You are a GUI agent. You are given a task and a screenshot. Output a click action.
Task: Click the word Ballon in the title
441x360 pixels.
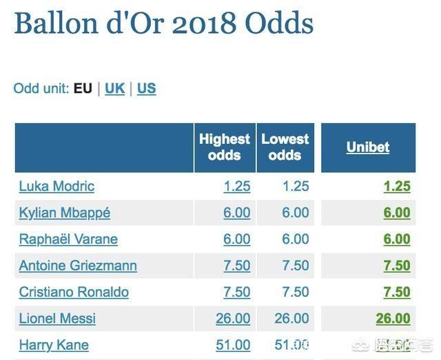click(x=56, y=23)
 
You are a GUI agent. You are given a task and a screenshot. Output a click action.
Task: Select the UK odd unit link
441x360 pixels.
click(x=114, y=88)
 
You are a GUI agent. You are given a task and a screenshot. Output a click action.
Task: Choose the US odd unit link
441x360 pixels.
click(x=146, y=88)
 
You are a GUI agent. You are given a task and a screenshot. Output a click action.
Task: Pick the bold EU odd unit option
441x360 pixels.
click(x=83, y=88)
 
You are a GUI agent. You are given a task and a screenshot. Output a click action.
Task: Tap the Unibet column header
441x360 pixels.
click(x=368, y=147)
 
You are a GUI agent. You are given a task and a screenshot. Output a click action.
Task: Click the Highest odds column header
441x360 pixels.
click(x=224, y=147)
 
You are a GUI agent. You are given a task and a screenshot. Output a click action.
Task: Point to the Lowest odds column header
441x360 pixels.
click(x=285, y=147)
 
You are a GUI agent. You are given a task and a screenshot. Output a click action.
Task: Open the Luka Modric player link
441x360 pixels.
click(x=57, y=186)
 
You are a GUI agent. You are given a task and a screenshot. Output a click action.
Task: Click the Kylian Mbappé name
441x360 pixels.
click(x=64, y=213)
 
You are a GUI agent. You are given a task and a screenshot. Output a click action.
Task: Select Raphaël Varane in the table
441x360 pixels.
click(x=68, y=239)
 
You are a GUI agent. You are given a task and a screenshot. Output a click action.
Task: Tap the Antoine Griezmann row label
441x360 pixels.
click(x=78, y=266)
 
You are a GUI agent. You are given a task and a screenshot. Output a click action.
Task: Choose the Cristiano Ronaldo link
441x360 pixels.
click(x=74, y=292)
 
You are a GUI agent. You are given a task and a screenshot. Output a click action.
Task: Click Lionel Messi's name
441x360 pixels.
click(x=57, y=319)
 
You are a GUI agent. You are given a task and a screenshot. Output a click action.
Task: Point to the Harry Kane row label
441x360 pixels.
click(x=54, y=345)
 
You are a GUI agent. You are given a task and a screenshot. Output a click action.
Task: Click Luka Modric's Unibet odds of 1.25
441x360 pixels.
click(x=397, y=186)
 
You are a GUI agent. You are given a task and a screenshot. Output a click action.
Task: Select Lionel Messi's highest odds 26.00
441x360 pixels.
click(x=233, y=319)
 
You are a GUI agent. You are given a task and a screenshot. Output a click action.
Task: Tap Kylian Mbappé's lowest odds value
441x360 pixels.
click(x=296, y=213)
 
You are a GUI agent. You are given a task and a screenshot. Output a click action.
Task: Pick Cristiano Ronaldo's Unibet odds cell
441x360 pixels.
click(x=397, y=292)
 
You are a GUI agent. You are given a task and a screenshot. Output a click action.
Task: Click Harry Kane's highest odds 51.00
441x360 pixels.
click(x=233, y=345)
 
